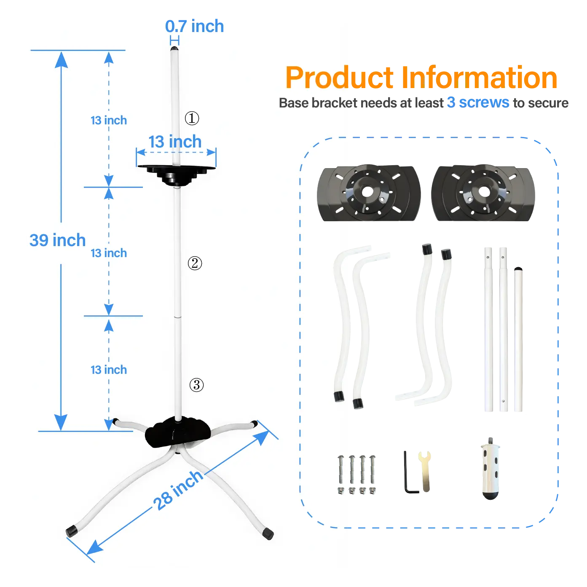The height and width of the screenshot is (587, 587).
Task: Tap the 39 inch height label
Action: [57, 240]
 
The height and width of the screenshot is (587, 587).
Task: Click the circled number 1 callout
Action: [192, 118]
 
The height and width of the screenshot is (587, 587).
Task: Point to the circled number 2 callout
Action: [195, 263]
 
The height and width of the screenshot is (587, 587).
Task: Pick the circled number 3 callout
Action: [196, 385]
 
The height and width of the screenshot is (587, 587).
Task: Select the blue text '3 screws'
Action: [478, 103]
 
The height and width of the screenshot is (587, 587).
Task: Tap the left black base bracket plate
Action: [369, 193]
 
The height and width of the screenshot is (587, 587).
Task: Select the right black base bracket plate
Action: [483, 193]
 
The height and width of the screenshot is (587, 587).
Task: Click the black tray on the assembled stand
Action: [177, 174]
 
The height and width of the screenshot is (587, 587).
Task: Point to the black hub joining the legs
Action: [177, 432]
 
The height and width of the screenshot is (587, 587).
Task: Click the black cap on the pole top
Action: [174, 48]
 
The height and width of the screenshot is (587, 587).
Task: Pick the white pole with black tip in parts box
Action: [518, 339]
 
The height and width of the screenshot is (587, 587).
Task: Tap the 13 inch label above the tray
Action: [175, 142]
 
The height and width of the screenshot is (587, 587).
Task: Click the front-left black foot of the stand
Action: [72, 531]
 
